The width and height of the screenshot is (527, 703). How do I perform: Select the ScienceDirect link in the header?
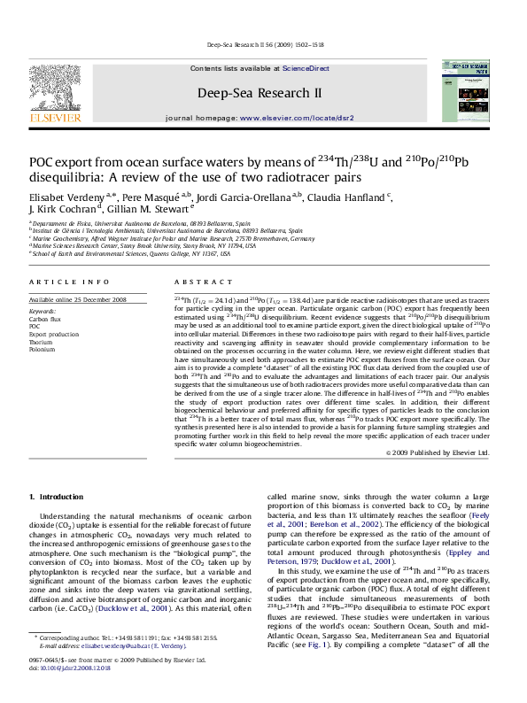tap(306, 68)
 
